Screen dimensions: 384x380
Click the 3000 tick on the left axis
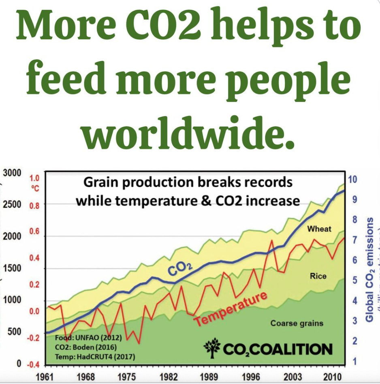click(12, 173)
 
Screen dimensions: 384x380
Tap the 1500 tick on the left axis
click(12, 268)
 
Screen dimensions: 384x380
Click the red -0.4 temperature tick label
click(33, 365)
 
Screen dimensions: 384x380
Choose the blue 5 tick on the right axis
click(354, 280)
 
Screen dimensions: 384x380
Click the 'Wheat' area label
click(319, 229)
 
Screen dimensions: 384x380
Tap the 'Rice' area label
click(318, 276)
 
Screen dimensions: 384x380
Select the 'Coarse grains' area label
click(297, 323)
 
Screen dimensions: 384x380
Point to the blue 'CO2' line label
click(179, 270)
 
